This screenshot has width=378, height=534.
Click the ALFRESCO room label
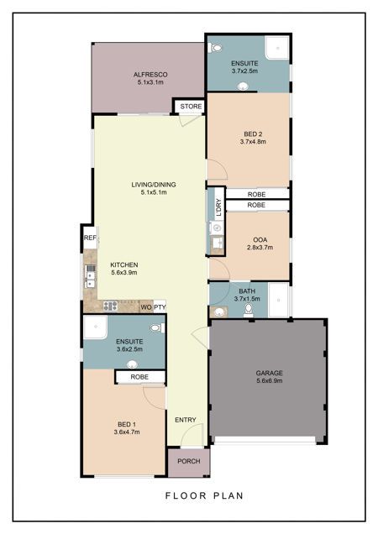pos(150,75)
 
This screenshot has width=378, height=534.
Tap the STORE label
pos(191,107)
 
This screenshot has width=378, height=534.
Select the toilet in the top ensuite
pos(215,48)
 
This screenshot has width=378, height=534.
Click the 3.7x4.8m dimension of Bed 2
pos(253,142)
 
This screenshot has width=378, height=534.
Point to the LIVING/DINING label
pos(154,185)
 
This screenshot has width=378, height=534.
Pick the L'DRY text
pos(219,207)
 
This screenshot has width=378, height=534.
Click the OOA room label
pos(260,240)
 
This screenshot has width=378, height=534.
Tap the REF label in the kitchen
pos(91,238)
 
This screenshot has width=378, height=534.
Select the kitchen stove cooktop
pos(110,306)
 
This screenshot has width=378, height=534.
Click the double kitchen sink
pos(91,276)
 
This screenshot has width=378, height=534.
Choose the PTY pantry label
pos(160,307)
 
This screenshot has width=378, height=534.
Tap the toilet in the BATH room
pos(249,311)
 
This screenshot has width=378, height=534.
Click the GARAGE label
pos(270,374)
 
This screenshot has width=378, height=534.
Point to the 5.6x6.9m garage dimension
pos(270,380)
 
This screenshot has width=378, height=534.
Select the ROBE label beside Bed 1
pos(139,377)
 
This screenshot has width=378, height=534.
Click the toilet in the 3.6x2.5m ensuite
pos(157,328)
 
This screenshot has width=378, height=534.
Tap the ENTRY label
pos(186,420)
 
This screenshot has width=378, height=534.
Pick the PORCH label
pos(189,461)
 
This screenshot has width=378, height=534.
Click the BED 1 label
pos(127,424)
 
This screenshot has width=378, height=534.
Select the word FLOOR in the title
pos(186,495)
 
